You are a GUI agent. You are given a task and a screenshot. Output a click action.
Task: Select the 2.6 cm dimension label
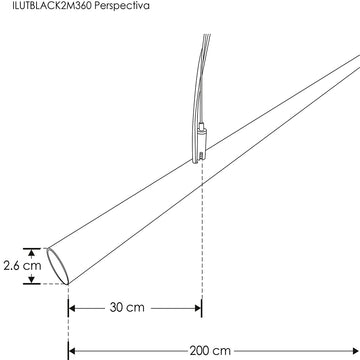(x=22, y=266)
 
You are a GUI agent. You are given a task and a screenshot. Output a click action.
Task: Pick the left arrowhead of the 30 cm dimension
(x=73, y=309)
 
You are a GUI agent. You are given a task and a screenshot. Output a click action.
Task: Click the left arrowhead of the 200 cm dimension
(x=73, y=351)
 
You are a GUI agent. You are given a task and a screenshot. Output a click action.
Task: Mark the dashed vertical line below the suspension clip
(x=202, y=230)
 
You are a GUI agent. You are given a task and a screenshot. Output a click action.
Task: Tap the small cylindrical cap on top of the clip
(x=203, y=128)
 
